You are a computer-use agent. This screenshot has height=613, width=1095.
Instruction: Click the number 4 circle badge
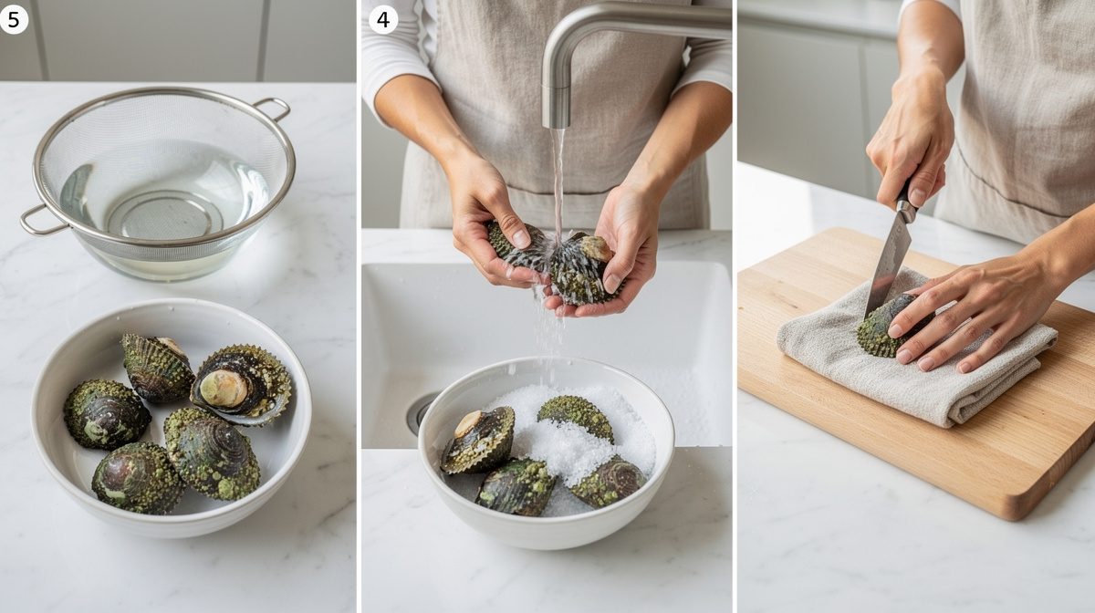click(383, 19)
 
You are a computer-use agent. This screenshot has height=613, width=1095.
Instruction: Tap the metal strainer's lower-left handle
click(42, 220)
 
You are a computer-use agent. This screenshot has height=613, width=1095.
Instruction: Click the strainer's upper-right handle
click(273, 109)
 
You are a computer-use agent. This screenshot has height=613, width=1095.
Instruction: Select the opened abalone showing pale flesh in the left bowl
click(242, 384)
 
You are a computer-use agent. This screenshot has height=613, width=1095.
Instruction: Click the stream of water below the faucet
click(558, 186)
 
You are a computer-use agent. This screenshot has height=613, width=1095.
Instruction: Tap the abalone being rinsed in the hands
click(558, 262)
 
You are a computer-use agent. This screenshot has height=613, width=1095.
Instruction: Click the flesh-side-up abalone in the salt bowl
click(478, 440)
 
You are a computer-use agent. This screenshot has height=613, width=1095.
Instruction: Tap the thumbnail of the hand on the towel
click(895, 331)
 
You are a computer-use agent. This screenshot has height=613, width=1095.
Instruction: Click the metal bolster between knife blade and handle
click(906, 209)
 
